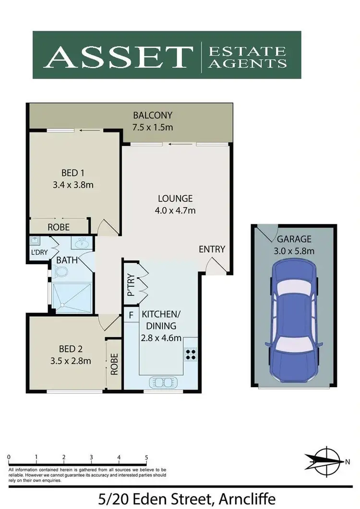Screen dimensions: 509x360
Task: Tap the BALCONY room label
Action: tap(153, 116)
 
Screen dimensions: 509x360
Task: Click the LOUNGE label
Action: tap(175, 198)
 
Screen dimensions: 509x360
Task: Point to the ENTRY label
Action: tap(212, 249)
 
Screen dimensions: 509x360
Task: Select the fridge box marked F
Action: tap(130, 316)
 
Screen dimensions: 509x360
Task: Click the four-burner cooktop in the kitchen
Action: tap(190, 353)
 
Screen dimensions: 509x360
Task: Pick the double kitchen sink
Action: tap(164, 382)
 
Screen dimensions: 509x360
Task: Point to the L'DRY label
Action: tap(38, 253)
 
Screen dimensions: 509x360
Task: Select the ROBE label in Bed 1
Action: tap(59, 227)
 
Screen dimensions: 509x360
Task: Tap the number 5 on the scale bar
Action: tap(146, 457)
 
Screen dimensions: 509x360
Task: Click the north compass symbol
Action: tap(326, 461)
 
